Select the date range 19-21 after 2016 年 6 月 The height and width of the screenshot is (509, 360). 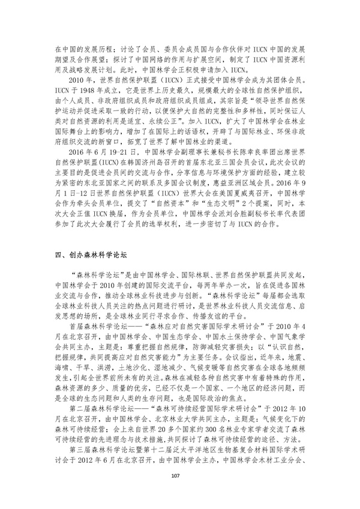click(x=125, y=169)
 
